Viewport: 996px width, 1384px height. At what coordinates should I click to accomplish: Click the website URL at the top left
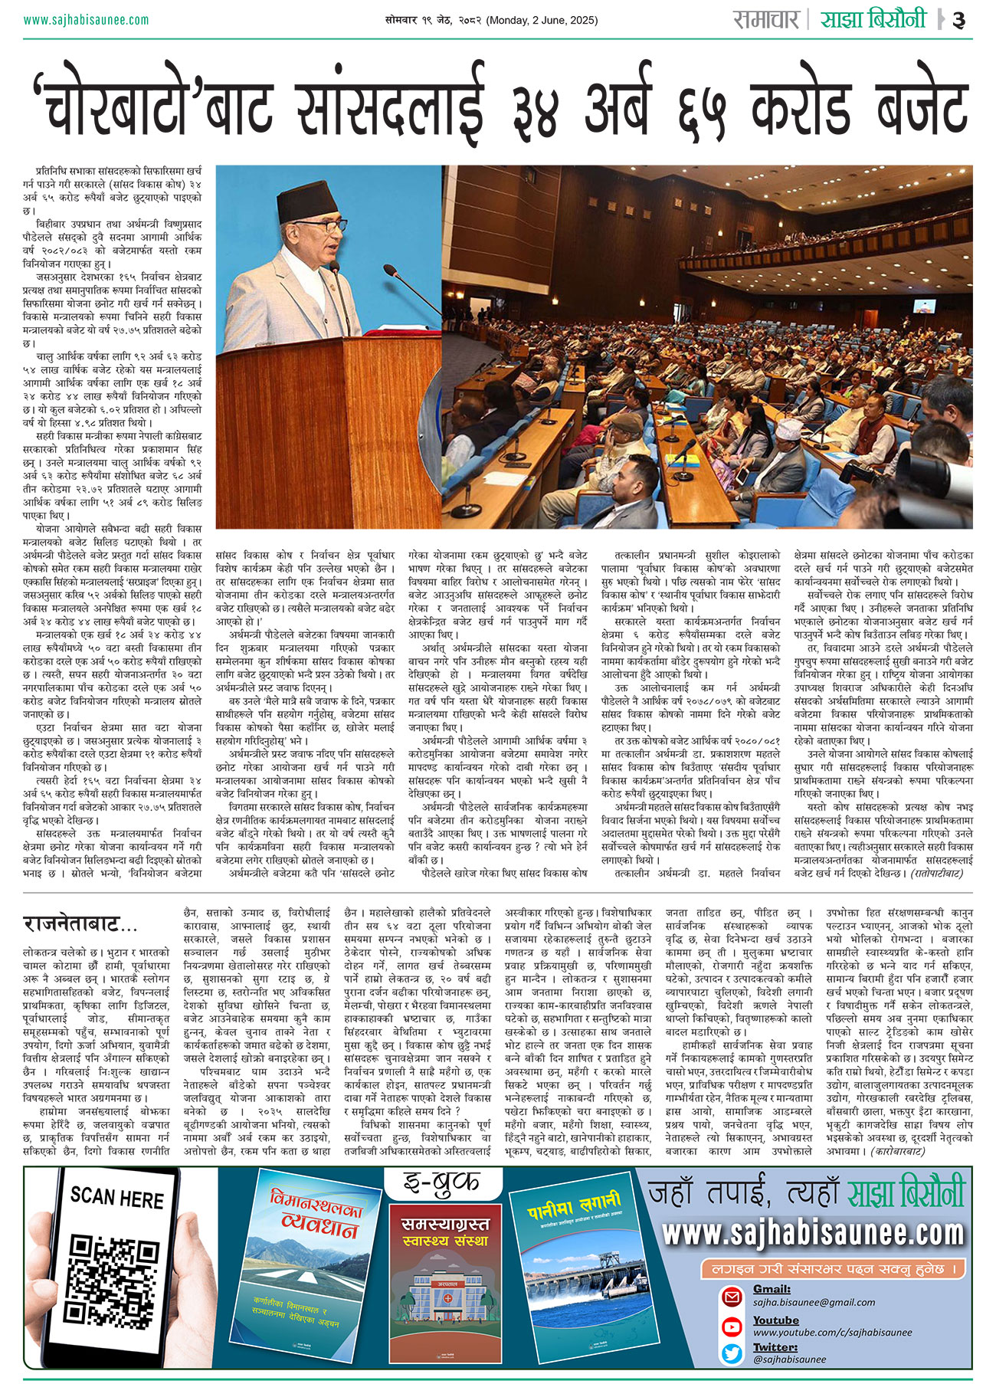[x=86, y=20]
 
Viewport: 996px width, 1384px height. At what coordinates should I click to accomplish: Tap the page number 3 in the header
[x=958, y=21]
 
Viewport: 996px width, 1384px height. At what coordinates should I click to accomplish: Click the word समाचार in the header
[x=765, y=19]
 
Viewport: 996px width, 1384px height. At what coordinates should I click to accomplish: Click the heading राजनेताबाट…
[x=80, y=923]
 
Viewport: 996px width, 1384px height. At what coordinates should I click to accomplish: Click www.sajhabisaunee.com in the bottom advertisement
[x=812, y=1234]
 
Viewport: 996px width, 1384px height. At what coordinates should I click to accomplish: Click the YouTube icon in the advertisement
[x=732, y=1326]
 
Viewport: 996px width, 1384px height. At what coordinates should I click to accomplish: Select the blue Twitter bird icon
[x=732, y=1354]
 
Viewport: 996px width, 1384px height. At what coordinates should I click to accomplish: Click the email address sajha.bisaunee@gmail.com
[x=814, y=1302]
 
